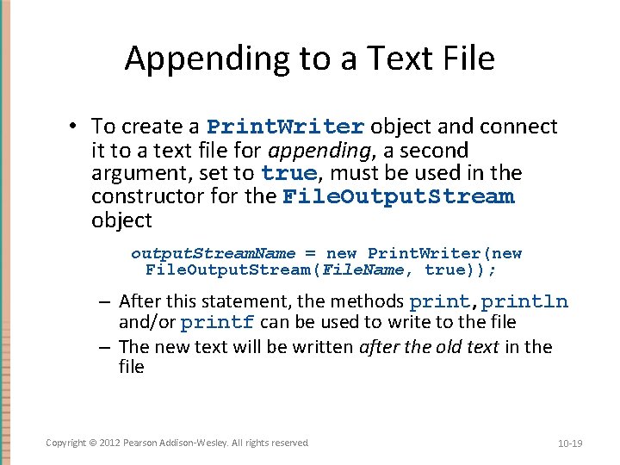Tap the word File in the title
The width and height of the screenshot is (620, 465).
466,59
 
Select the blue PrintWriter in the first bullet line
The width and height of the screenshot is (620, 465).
286,127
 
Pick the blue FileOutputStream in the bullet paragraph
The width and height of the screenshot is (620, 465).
399,196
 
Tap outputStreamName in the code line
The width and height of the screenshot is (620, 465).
213,253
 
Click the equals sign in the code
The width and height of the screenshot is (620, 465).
310,253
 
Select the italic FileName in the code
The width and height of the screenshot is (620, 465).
378,270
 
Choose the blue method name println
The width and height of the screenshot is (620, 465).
525,301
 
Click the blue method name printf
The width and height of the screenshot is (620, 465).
217,323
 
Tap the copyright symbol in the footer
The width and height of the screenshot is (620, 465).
93,443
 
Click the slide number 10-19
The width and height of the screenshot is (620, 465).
570,443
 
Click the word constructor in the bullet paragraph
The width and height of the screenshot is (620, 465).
140,196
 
